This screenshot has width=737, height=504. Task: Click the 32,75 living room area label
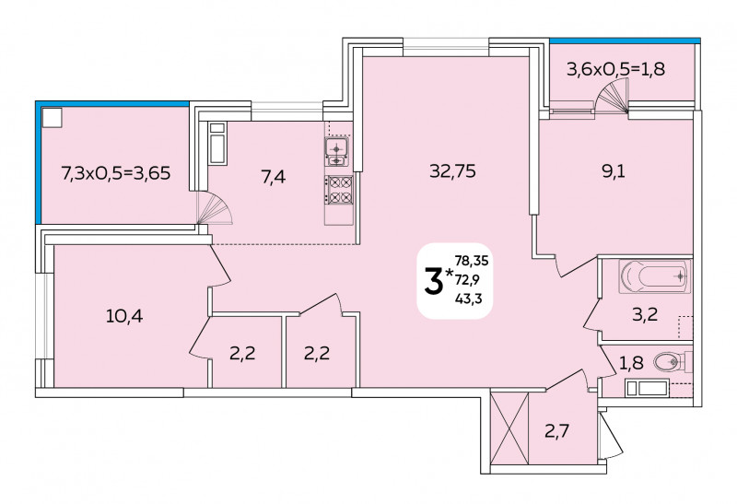point(452,171)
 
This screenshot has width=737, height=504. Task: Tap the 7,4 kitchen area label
point(274,177)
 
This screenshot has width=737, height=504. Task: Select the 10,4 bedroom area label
point(124,316)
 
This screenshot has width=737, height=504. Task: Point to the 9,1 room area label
point(614,171)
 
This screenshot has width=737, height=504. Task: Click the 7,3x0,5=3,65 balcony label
point(116,173)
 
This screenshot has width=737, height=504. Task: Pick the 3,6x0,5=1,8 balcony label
point(615,70)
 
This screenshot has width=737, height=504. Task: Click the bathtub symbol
point(655,276)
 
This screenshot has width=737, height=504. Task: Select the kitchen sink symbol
point(337,152)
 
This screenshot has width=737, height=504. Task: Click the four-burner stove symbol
point(339,190)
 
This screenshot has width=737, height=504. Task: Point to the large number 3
point(434,281)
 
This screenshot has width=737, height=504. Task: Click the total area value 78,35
point(472,260)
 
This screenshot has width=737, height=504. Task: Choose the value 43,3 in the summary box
point(468,298)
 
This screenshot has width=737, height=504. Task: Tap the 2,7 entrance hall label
point(557,430)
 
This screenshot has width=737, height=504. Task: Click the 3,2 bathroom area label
point(645,314)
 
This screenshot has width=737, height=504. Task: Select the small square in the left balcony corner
point(53,118)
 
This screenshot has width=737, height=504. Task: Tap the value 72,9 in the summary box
point(467,279)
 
